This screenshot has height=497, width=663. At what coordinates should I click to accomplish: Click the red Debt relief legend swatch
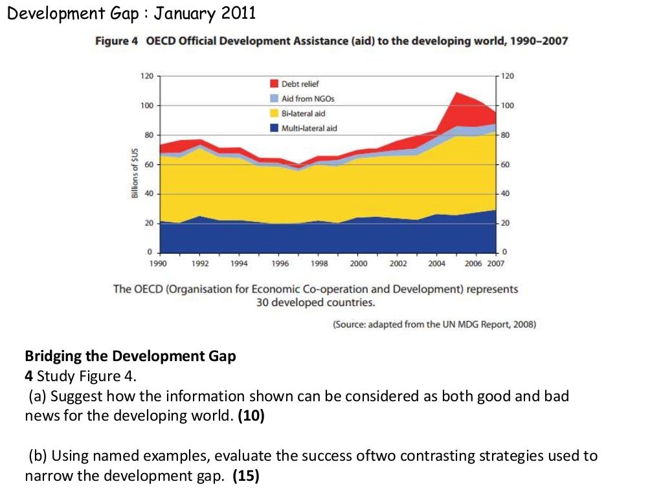(x=274, y=83)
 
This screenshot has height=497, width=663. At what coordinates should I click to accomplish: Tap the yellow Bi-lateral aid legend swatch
(x=274, y=113)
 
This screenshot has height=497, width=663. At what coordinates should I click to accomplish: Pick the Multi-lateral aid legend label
(x=309, y=128)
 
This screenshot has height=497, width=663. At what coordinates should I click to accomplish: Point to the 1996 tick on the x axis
(x=279, y=264)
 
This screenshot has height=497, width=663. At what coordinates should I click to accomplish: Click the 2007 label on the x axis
(x=495, y=264)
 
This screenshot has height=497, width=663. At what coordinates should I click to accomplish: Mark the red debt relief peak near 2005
(x=458, y=94)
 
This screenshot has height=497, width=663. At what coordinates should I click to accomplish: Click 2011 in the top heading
(x=239, y=12)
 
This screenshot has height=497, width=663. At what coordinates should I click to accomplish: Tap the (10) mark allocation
(x=251, y=415)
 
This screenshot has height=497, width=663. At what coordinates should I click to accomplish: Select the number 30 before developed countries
(x=264, y=302)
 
